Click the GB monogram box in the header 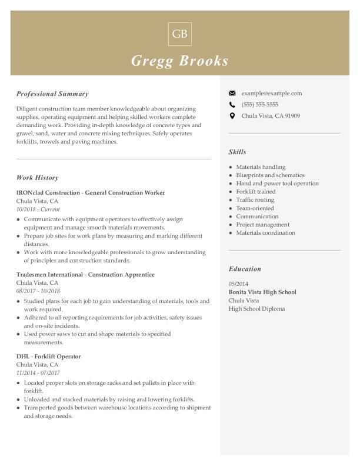point(180,34)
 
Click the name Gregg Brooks point(180,61)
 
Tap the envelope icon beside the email point(232,93)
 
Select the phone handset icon point(232,105)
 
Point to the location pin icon point(232,116)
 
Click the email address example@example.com point(271,93)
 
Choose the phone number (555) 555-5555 point(259,105)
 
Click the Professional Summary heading point(52,94)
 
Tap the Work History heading point(37,178)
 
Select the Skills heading point(237,152)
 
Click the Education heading point(245,269)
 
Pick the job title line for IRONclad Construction point(91,192)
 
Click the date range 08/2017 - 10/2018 point(38,291)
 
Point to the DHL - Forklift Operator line point(49,357)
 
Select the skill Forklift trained point(256,191)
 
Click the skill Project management point(263,224)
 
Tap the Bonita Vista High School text point(262,292)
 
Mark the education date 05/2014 point(238,284)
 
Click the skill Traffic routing point(255,199)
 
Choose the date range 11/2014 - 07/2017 point(38,373)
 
